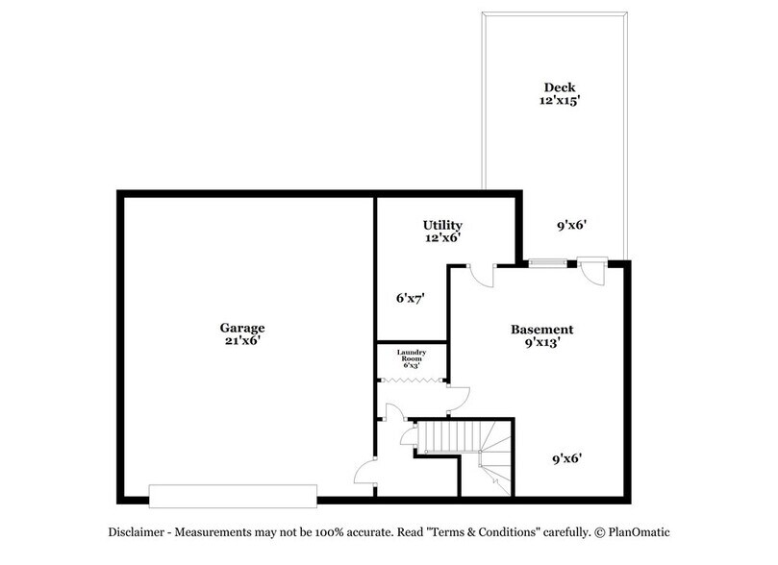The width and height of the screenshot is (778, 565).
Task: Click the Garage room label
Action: pyautogui.click(x=240, y=328)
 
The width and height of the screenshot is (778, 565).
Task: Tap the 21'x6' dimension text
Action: pyautogui.click(x=240, y=340)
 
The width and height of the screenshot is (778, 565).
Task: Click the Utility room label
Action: pyautogui.click(x=442, y=225)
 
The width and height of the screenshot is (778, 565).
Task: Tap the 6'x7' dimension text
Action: pyautogui.click(x=410, y=298)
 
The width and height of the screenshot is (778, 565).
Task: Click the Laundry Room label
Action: pyautogui.click(x=412, y=356)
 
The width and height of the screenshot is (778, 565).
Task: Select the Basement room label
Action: pyautogui.click(x=541, y=329)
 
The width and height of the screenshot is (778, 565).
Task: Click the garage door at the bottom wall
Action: pyautogui.click(x=233, y=496)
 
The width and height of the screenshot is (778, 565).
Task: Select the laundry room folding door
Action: pyautogui.click(x=412, y=381)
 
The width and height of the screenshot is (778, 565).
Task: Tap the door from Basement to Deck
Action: pyautogui.click(x=593, y=268)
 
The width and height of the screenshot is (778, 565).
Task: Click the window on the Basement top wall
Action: pyautogui.click(x=545, y=261)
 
